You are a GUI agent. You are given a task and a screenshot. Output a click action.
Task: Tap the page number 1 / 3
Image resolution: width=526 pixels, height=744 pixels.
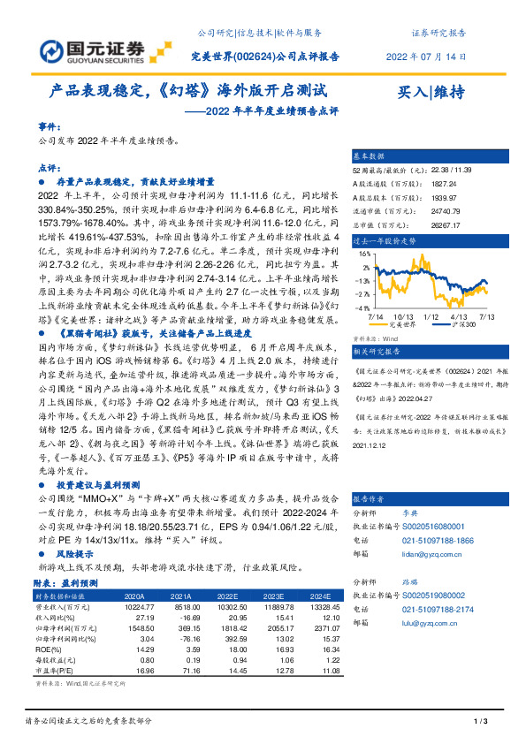coord(480,723)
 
